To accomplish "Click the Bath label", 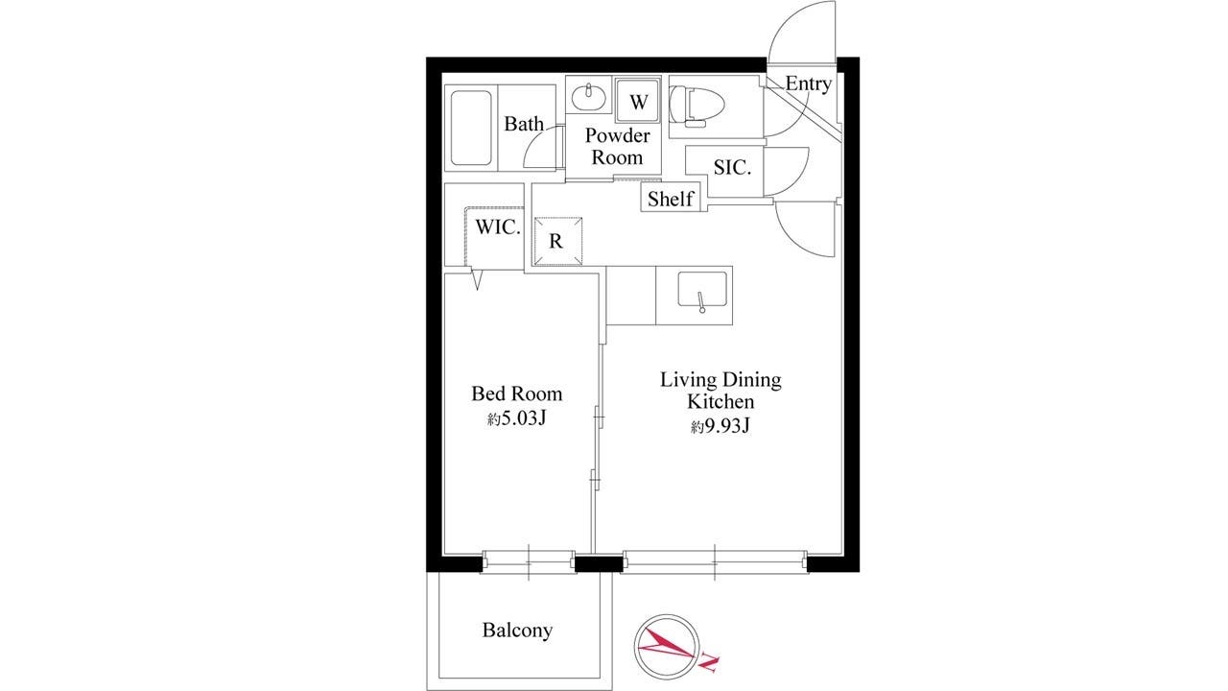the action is coord(524,124).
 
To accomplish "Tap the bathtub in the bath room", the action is coord(471,128).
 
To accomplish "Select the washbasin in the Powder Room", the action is coord(588,98).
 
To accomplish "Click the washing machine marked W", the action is coord(638,101).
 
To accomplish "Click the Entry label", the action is coord(809,83).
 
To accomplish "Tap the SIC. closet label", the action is coord(732,167).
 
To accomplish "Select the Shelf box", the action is coord(671,197).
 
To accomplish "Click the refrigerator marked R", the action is coord(558,241).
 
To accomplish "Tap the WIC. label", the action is coord(497,227).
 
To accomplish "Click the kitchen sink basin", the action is coord(702,289).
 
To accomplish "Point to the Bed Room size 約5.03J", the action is coord(516,419).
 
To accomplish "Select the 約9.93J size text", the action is coord(720,426).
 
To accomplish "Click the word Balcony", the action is coord(517,631).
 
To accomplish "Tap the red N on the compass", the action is coord(709,663).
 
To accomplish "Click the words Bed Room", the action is coord(516,393).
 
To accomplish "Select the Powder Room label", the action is coord(617,147).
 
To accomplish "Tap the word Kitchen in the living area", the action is coord(720,401).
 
